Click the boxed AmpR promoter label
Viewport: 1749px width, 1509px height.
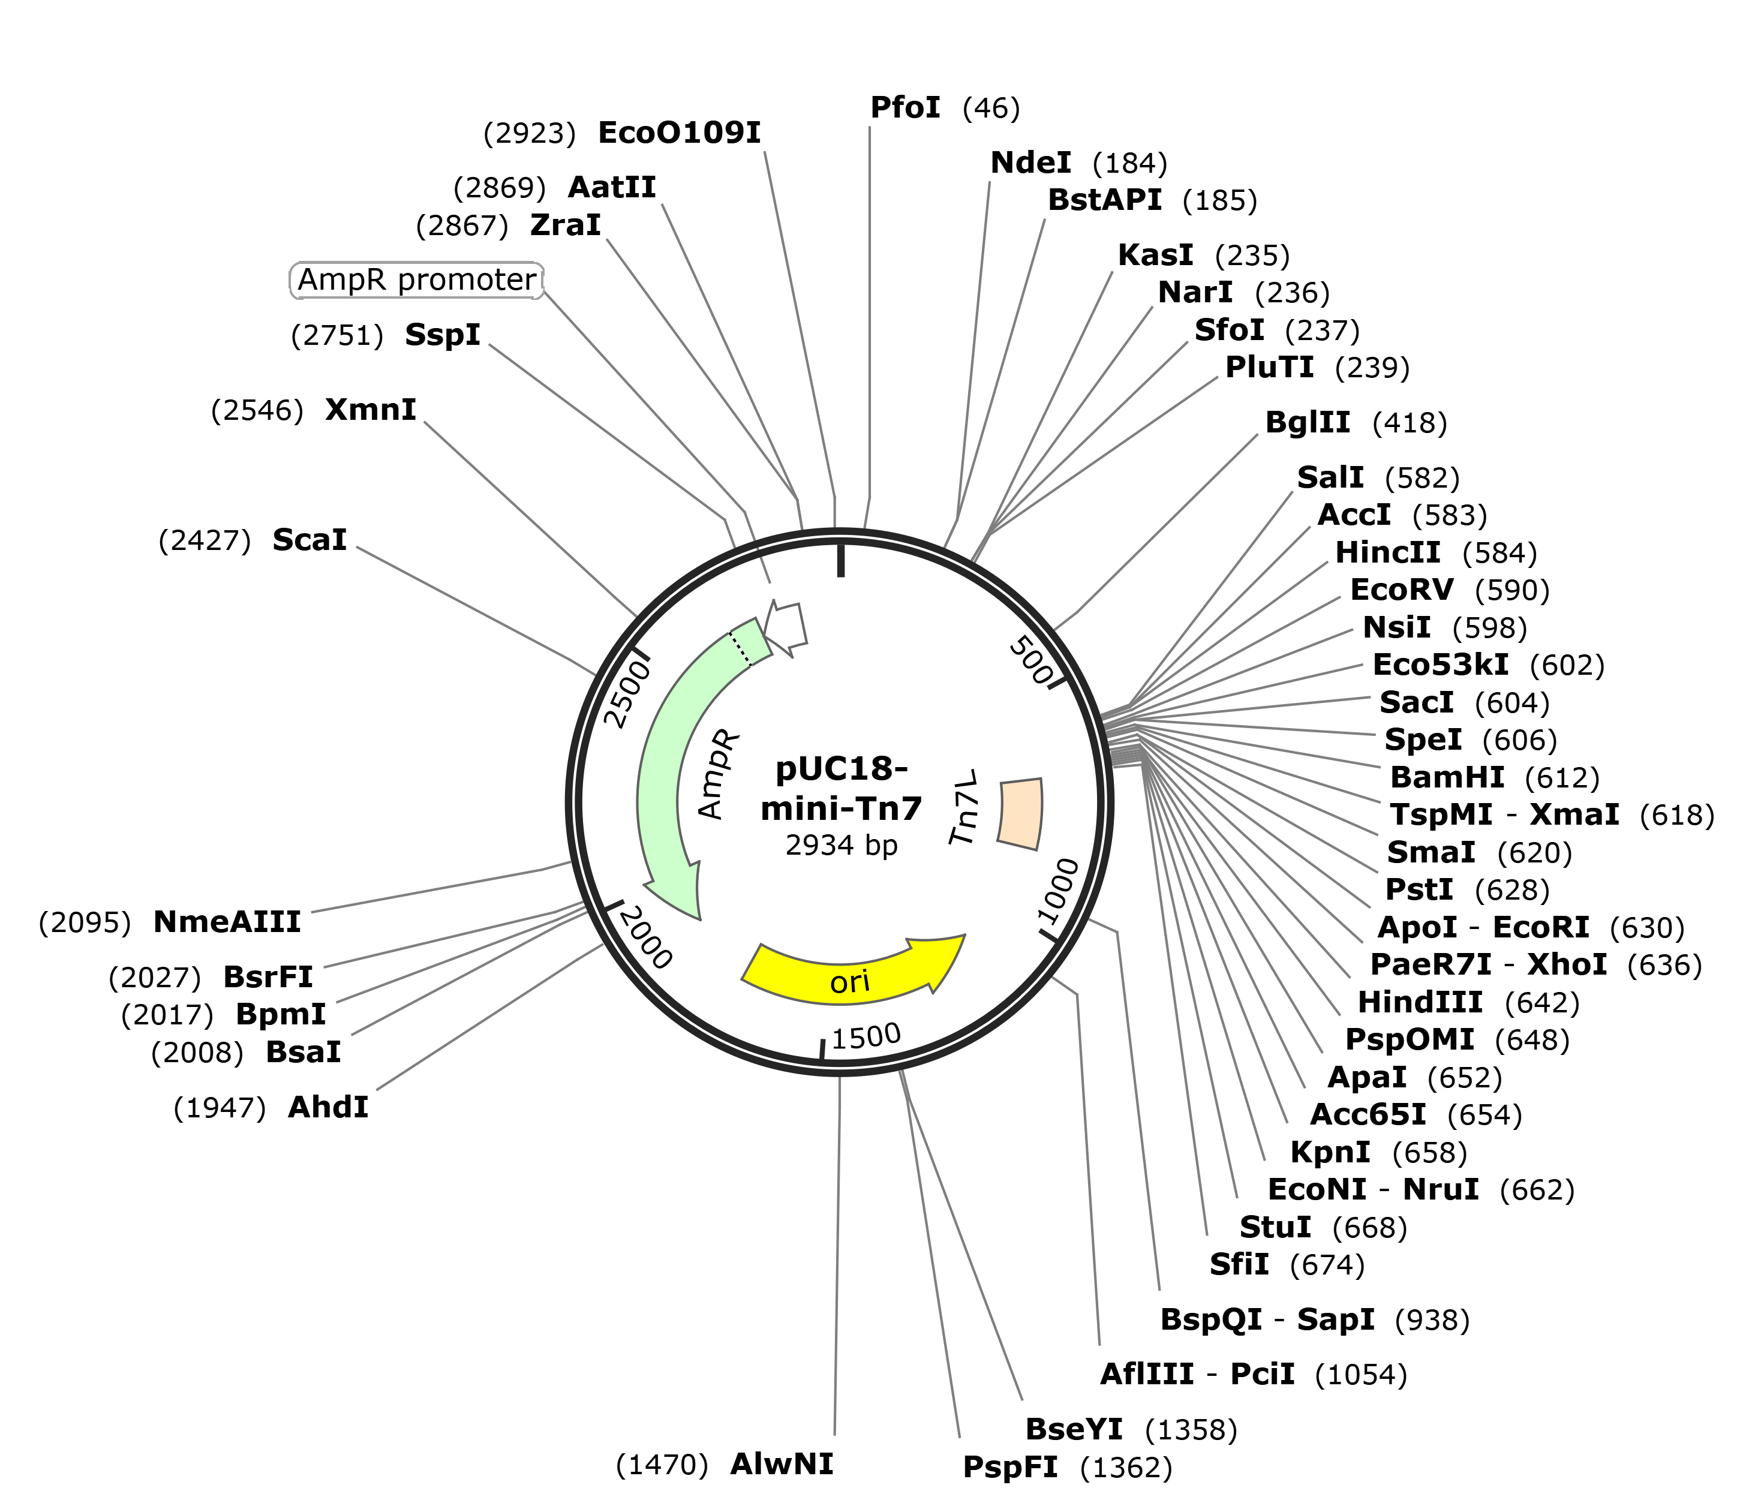pyautogui.click(x=417, y=280)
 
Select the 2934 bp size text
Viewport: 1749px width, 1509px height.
pyautogui.click(x=842, y=845)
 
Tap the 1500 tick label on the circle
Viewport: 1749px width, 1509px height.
pyautogui.click(x=867, y=1036)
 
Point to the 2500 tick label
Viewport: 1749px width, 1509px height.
pyautogui.click(x=629, y=695)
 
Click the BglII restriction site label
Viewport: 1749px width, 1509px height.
pyautogui.click(x=1308, y=422)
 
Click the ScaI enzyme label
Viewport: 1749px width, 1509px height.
pyautogui.click(x=309, y=540)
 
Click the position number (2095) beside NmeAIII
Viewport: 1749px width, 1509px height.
pyautogui.click(x=85, y=922)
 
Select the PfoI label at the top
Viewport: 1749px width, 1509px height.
pyautogui.click(x=905, y=108)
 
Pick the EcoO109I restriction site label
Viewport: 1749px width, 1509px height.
pyautogui.click(x=680, y=133)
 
